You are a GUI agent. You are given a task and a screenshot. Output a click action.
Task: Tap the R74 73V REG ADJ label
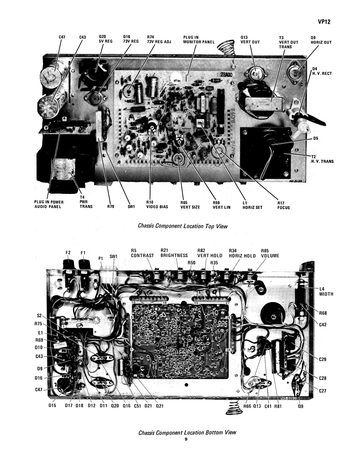159,39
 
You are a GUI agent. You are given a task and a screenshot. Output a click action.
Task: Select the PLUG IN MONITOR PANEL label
198,40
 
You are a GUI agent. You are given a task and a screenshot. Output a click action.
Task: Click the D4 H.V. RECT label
322,71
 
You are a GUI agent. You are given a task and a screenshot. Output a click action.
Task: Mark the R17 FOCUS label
283,205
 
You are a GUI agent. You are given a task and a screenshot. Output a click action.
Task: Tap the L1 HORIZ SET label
252,205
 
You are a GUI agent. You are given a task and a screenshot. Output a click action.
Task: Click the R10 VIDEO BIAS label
157,205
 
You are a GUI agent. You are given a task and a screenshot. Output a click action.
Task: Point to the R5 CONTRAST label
142,253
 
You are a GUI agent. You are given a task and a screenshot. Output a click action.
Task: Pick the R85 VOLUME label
270,253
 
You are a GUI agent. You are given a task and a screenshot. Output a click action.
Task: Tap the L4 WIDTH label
326,291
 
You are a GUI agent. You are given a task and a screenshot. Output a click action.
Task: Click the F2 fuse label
68,253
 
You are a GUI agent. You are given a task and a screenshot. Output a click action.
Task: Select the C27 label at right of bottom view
322,391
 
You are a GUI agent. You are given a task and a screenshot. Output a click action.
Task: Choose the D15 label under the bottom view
52,406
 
